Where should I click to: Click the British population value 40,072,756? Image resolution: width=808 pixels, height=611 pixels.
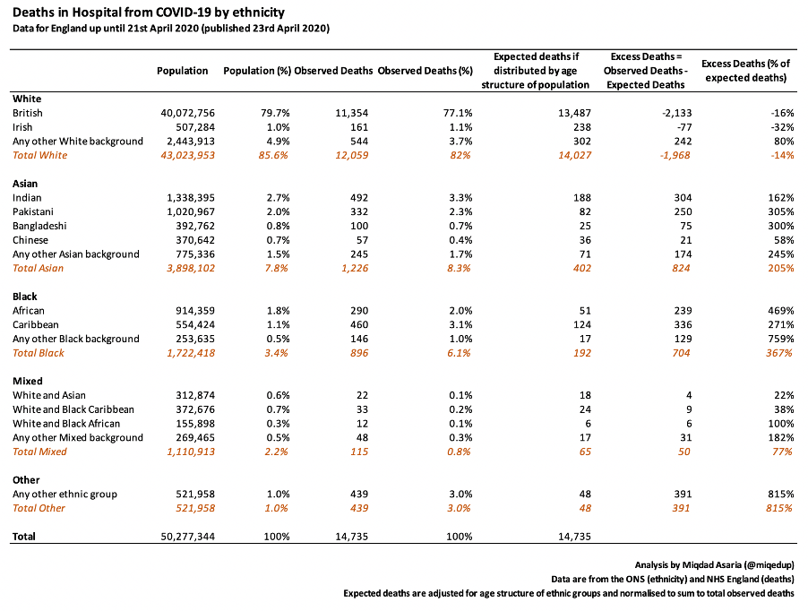point(187,113)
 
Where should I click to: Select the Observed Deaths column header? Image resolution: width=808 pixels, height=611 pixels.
point(333,71)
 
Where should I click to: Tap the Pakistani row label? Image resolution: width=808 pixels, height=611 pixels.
point(33,211)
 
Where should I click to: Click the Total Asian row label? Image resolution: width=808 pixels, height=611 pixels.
point(39,268)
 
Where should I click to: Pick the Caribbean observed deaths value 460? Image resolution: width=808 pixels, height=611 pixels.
point(359,324)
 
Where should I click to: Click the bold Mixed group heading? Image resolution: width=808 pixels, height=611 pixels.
point(27,381)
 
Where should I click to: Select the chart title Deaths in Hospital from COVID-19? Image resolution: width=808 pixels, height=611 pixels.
point(149,12)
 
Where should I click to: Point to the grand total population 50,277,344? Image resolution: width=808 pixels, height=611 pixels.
point(187,537)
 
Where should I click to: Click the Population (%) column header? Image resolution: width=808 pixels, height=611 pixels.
point(257,71)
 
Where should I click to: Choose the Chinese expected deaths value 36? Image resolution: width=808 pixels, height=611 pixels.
point(585,240)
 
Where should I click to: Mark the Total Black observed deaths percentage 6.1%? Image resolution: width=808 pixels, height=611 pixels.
point(460,353)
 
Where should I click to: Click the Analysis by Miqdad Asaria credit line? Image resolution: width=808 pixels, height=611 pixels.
point(714,565)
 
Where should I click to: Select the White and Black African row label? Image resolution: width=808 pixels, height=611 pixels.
point(66,424)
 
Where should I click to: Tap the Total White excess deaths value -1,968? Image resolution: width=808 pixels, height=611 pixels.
point(675,155)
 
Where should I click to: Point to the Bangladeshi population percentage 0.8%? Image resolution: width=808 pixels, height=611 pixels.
point(279,226)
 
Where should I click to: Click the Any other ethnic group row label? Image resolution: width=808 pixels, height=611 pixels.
point(64,494)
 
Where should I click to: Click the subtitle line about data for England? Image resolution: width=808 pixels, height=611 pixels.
point(171,29)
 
